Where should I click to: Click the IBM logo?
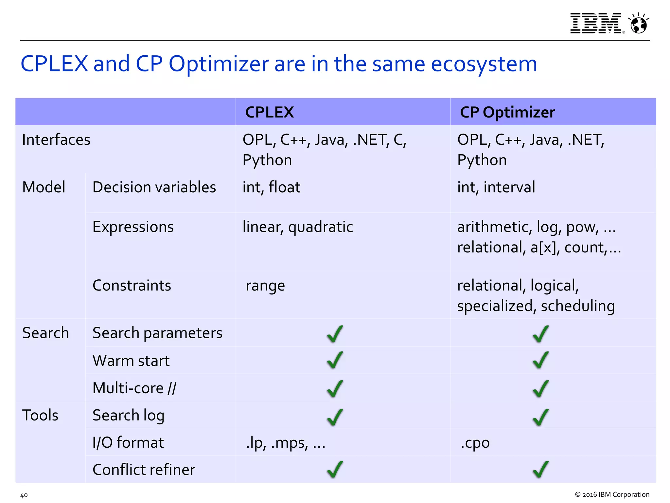596,23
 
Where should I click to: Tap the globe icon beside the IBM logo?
638,24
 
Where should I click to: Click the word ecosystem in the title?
484,64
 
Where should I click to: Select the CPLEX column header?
270,112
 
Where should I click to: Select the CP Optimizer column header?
507,112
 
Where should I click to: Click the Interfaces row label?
56,140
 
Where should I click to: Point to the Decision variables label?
154,187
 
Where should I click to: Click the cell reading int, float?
271,187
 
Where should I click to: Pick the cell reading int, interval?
496,187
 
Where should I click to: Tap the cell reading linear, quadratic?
298,227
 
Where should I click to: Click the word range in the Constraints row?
265,286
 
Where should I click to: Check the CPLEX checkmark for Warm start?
335,360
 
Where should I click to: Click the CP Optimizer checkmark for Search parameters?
540,334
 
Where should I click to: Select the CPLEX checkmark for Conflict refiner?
335,469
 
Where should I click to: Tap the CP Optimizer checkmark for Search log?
540,417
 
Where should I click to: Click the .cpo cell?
475,443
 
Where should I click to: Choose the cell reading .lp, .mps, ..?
285,443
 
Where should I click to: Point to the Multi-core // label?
134,388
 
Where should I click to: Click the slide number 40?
24,495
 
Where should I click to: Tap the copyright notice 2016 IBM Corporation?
612,494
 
